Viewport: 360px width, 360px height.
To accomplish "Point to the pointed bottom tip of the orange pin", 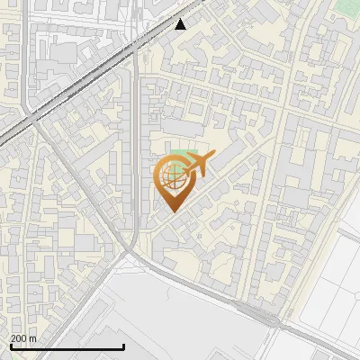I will point(171,211).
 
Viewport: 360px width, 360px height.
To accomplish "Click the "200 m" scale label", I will point(23,338).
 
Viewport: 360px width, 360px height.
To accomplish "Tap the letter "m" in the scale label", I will point(33,338).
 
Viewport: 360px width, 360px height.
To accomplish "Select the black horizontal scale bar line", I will point(67,347).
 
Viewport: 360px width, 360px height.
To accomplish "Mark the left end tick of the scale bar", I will point(11,346).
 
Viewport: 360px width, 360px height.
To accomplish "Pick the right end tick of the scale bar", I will point(123,346).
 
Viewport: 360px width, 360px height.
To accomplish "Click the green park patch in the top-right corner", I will point(347,7).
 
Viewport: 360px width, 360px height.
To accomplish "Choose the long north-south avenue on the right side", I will point(270,180).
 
